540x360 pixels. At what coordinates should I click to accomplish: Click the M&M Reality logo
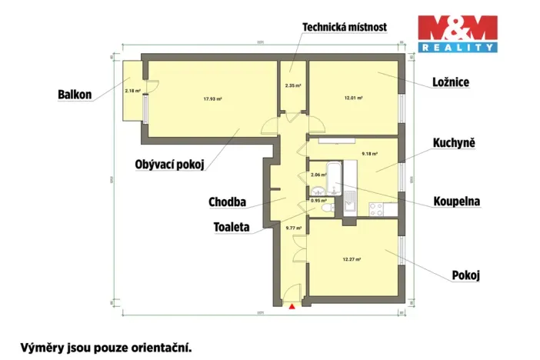coord(457,33)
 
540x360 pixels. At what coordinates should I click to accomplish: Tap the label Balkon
coord(75,95)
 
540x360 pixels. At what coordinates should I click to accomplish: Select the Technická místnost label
coord(344,27)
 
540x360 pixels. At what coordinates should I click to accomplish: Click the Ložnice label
coord(451,82)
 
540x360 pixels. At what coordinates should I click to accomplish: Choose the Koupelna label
coord(456,202)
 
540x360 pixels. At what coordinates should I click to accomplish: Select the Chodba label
coord(227,202)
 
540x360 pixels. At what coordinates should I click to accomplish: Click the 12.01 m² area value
coord(353,98)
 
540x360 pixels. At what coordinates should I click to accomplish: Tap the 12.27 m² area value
coord(352,259)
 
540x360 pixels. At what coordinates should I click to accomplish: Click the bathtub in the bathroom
coord(328,171)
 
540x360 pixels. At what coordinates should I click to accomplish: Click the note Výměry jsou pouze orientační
coord(105,346)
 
